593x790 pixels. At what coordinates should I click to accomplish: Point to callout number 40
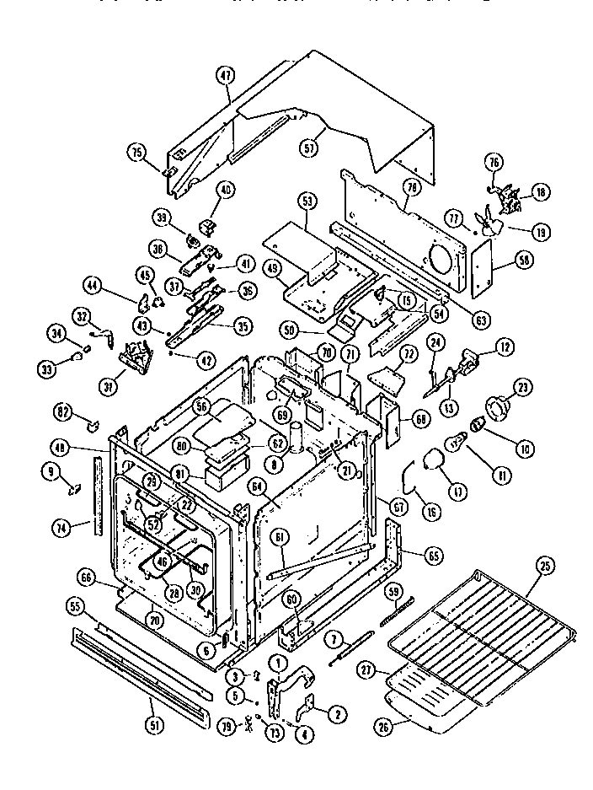[x=225, y=190]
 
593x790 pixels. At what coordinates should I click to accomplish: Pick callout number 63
[x=482, y=296]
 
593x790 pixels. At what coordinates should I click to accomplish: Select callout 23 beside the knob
[x=522, y=389]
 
